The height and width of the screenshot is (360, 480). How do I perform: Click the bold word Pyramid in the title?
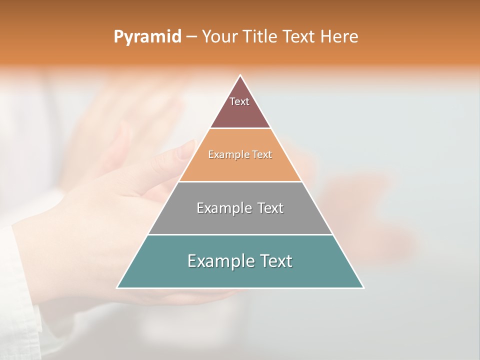147,37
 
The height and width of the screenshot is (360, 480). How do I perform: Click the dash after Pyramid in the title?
191,37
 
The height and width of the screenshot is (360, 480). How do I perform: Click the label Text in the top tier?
239,101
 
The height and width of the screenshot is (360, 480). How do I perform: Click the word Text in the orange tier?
262,155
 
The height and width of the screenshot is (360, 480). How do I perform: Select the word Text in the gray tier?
270,208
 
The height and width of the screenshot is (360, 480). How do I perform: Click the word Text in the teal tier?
276,261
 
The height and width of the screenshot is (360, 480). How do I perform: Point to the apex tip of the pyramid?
240,76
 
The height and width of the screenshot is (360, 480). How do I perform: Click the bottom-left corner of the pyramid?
118,287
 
